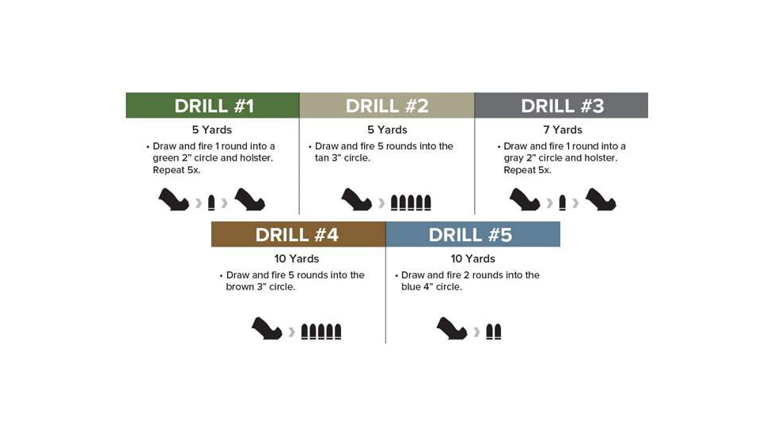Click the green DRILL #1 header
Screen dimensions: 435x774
coord(212,105)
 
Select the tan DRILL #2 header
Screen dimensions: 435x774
coord(386,105)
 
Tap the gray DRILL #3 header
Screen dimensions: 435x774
coord(561,105)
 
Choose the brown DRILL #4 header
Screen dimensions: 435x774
coord(298,235)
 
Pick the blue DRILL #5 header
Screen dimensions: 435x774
coord(472,235)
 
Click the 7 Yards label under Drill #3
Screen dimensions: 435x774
coord(562,130)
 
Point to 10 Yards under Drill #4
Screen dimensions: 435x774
coord(297,259)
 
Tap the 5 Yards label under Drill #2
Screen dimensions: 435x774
coord(387,130)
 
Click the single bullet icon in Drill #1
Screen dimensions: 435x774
coord(211,202)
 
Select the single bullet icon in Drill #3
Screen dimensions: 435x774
coord(562,202)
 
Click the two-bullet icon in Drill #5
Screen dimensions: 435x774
coord(494,331)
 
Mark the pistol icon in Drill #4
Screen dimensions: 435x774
coord(267,328)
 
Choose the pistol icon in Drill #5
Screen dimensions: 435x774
coord(452,328)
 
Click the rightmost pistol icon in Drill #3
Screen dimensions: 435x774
coord(601,199)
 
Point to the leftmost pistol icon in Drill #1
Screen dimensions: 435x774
coord(173,199)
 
